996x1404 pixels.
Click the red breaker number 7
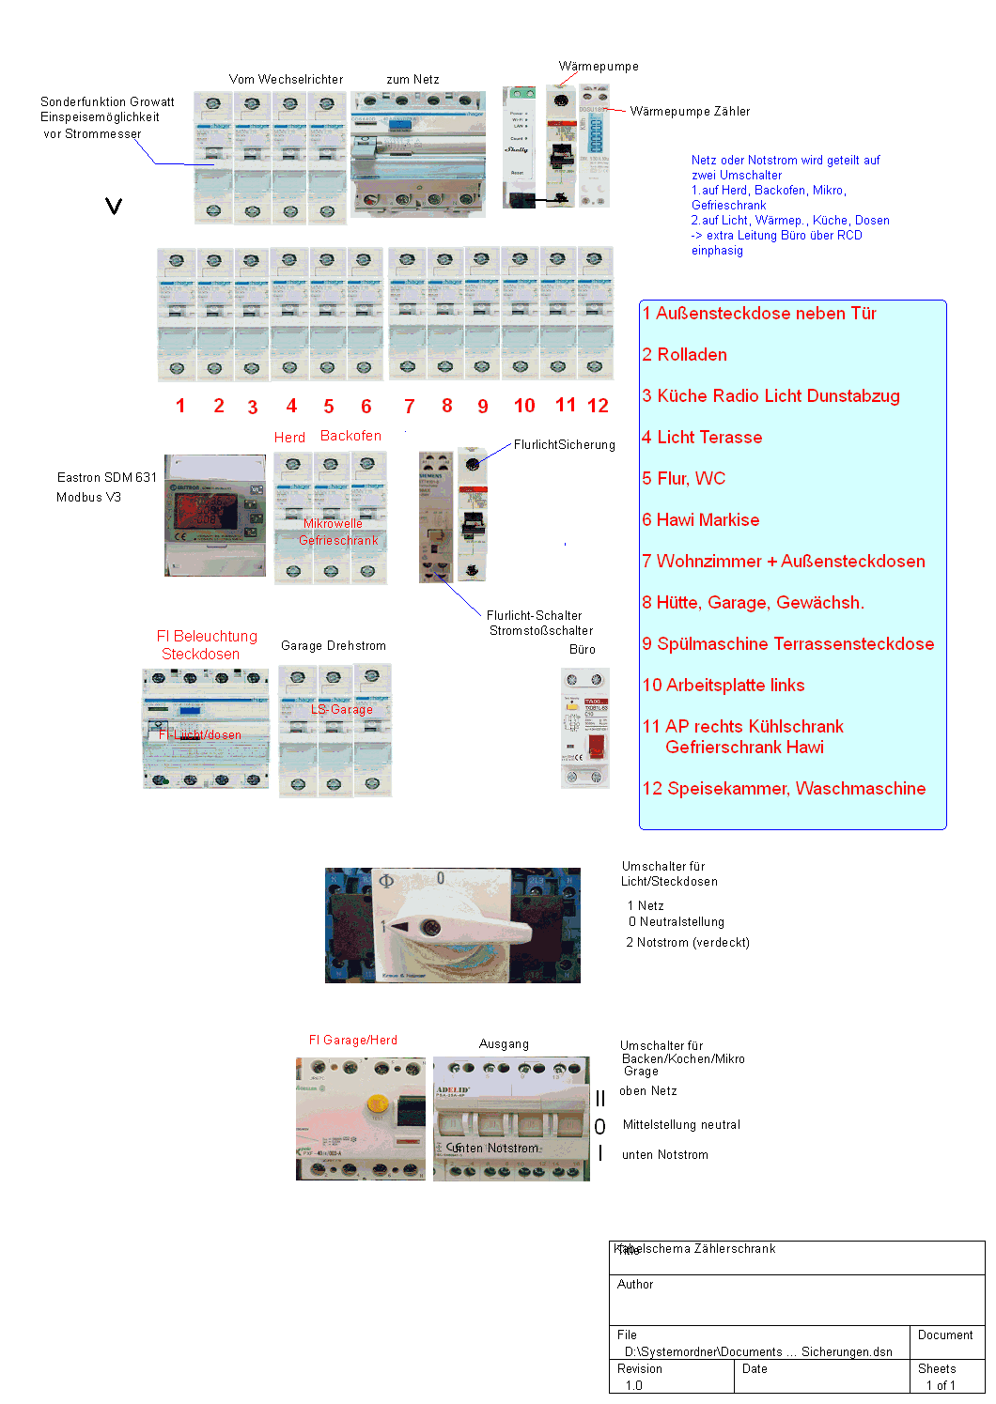click(x=410, y=407)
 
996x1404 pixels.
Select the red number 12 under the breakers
click(x=598, y=406)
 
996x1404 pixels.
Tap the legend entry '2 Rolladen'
click(x=684, y=355)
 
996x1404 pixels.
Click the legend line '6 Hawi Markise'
click(x=700, y=520)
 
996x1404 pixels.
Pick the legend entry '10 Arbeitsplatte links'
click(x=723, y=686)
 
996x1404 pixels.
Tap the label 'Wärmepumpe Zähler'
click(x=690, y=112)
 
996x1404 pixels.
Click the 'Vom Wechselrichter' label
click(x=286, y=80)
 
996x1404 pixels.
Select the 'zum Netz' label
click(x=412, y=80)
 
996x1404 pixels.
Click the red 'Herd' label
click(x=289, y=438)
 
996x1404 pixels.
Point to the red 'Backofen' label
click(x=350, y=436)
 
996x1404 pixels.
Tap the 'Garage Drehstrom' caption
click(x=333, y=646)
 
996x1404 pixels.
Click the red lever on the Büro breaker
click(x=596, y=748)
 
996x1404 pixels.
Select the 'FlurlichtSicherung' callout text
click(x=564, y=445)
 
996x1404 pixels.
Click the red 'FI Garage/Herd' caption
click(x=352, y=1041)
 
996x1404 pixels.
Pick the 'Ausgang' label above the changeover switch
click(x=504, y=1044)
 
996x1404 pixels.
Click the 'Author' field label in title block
click(x=635, y=1285)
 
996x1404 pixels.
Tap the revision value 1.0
click(x=633, y=1386)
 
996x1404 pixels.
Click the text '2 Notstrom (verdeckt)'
click(x=688, y=943)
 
